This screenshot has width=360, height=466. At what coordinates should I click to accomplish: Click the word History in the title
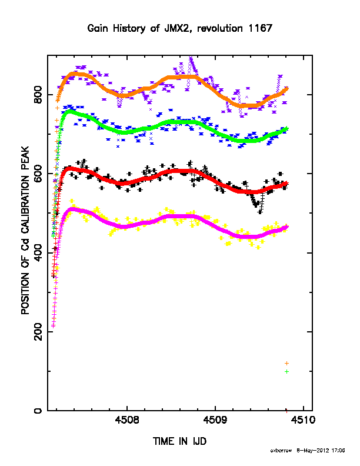tap(129, 29)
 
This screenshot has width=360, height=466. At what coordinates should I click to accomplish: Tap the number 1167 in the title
tap(260, 28)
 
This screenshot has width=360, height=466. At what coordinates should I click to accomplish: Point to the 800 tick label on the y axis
tap(38, 95)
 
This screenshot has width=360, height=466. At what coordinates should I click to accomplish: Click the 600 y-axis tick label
tap(38, 174)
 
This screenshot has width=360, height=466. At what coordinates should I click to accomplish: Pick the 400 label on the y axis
tap(38, 253)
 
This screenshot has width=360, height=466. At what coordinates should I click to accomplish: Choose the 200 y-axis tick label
tap(38, 332)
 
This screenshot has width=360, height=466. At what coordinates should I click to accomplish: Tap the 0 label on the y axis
tap(38, 411)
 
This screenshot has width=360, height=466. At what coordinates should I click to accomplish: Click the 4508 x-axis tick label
tap(127, 420)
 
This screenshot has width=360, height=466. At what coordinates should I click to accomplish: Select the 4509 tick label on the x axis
tap(215, 420)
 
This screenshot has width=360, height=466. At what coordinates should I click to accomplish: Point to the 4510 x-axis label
tap(304, 420)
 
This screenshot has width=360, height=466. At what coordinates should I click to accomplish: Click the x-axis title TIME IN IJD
tap(179, 441)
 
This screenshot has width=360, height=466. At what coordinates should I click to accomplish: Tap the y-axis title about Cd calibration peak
tap(25, 230)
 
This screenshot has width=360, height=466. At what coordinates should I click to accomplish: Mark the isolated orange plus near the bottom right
tap(286, 363)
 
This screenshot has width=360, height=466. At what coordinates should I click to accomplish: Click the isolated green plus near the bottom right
tap(286, 371)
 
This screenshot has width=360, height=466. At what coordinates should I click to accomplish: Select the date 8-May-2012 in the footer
tap(313, 451)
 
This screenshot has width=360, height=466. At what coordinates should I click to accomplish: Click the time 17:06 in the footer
tap(338, 451)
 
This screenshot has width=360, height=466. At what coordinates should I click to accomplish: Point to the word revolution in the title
tap(220, 28)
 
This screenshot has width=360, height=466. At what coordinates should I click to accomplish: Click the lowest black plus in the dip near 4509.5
tap(260, 212)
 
